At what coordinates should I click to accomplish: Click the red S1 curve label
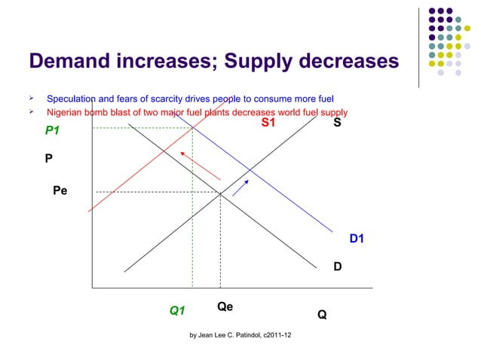pyautogui.click(x=268, y=123)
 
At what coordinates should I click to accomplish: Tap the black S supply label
pyautogui.click(x=337, y=122)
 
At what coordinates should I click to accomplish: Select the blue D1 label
pyautogui.click(x=357, y=239)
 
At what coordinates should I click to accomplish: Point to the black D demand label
pyautogui.click(x=339, y=266)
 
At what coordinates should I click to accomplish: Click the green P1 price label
pyautogui.click(x=52, y=131)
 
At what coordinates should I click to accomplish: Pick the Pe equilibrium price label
pyautogui.click(x=60, y=191)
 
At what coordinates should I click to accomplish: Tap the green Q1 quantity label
pyautogui.click(x=177, y=310)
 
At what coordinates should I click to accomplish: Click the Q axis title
pyautogui.click(x=322, y=315)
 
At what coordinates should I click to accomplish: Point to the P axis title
pyautogui.click(x=48, y=159)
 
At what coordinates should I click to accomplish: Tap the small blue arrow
pyautogui.click(x=240, y=188)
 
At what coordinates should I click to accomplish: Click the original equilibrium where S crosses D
pyautogui.click(x=220, y=193)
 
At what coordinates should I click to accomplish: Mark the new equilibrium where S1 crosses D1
pyautogui.click(x=191, y=128)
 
